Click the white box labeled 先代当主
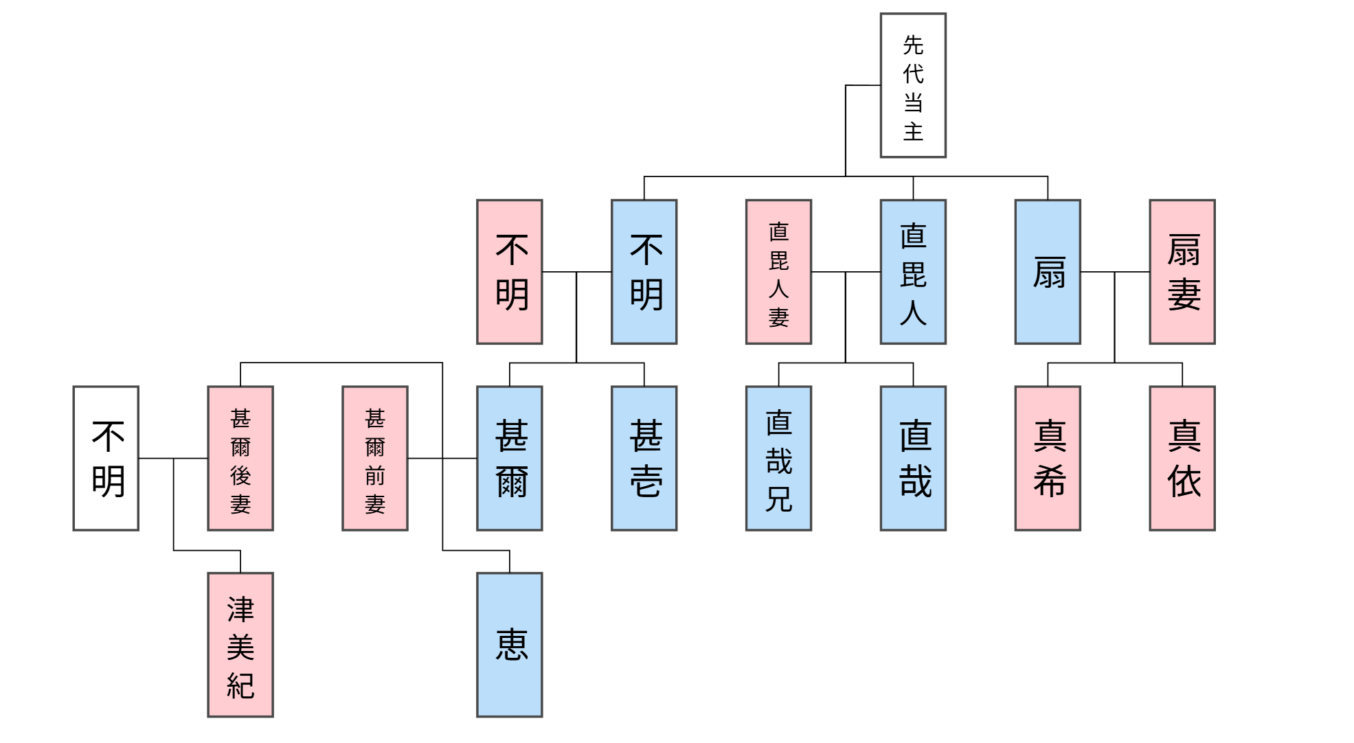click(912, 85)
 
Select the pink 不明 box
click(509, 272)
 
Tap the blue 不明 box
click(644, 272)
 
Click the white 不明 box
click(106, 458)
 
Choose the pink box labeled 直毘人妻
click(778, 272)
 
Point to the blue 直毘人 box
click(912, 272)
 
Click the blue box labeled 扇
click(1047, 272)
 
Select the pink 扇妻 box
click(1182, 272)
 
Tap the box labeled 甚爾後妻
click(240, 458)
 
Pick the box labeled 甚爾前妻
click(374, 458)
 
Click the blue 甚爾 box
click(509, 458)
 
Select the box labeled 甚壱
click(644, 458)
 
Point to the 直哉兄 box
click(778, 458)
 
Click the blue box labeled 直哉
click(912, 458)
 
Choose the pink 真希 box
click(1047, 458)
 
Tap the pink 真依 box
click(1182, 458)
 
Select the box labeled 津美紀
click(240, 645)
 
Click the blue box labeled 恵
click(509, 645)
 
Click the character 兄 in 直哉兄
click(778, 499)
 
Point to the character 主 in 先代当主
click(913, 131)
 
